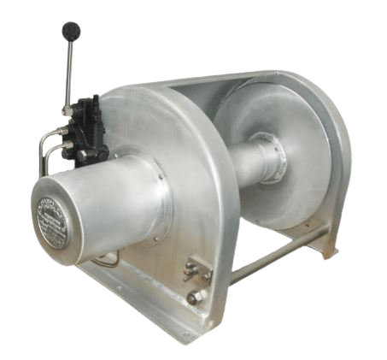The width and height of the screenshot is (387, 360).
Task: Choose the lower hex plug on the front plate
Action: pos(195,297)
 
